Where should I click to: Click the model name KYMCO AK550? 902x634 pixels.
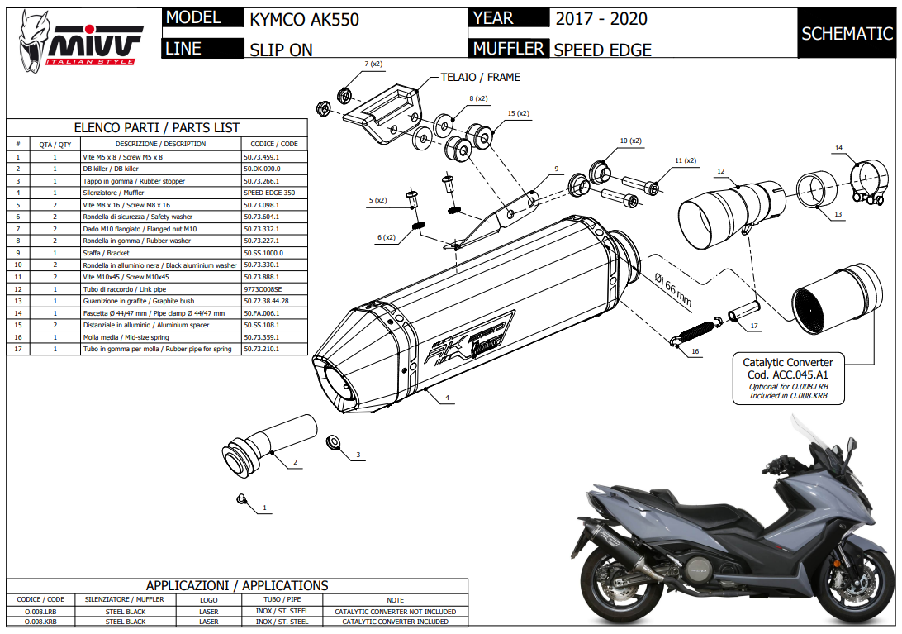[304, 19]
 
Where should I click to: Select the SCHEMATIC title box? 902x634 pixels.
[847, 33]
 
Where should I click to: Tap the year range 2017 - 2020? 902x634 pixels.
[601, 18]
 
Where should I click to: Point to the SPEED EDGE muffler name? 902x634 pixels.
[602, 50]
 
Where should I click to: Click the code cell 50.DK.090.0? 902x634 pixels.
[262, 169]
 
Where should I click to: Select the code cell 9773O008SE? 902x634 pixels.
[263, 289]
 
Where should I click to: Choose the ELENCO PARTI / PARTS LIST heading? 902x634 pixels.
[157, 127]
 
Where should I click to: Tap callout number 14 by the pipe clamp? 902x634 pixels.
[838, 149]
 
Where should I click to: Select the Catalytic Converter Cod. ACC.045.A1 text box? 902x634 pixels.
[788, 379]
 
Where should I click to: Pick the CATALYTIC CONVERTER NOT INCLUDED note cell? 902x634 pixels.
[395, 612]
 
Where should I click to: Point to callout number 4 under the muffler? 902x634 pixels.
[447, 398]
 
